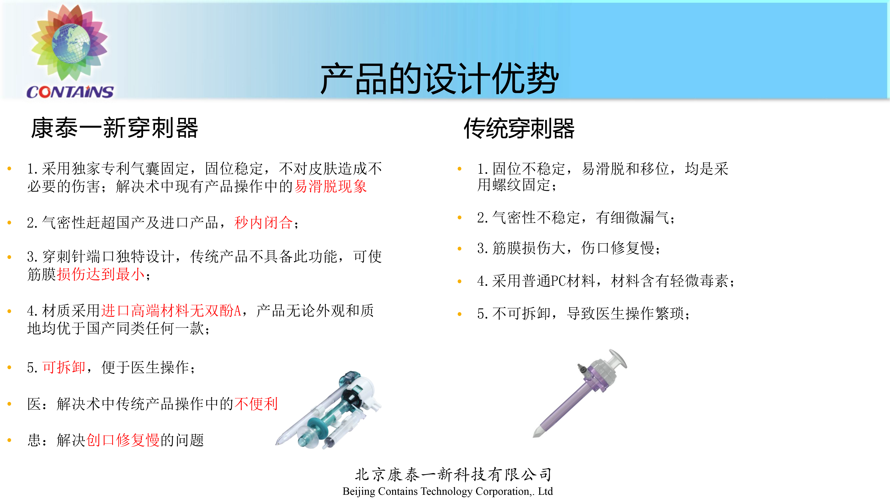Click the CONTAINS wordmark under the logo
(x=70, y=92)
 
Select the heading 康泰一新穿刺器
(x=114, y=128)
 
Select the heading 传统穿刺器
(x=519, y=128)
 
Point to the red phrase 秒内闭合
(x=264, y=222)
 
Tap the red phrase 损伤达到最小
(x=101, y=274)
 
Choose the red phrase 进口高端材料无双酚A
(x=171, y=310)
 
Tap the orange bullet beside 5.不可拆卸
(x=460, y=314)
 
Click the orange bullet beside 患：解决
(x=9, y=440)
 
